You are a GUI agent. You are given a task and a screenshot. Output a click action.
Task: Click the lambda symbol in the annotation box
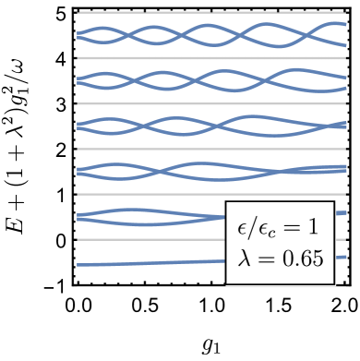(245, 259)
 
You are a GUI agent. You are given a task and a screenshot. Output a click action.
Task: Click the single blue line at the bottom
(148, 262)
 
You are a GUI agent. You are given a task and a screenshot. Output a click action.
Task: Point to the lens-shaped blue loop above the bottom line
(138, 217)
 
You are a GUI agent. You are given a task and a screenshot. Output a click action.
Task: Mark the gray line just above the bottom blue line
(148, 239)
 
